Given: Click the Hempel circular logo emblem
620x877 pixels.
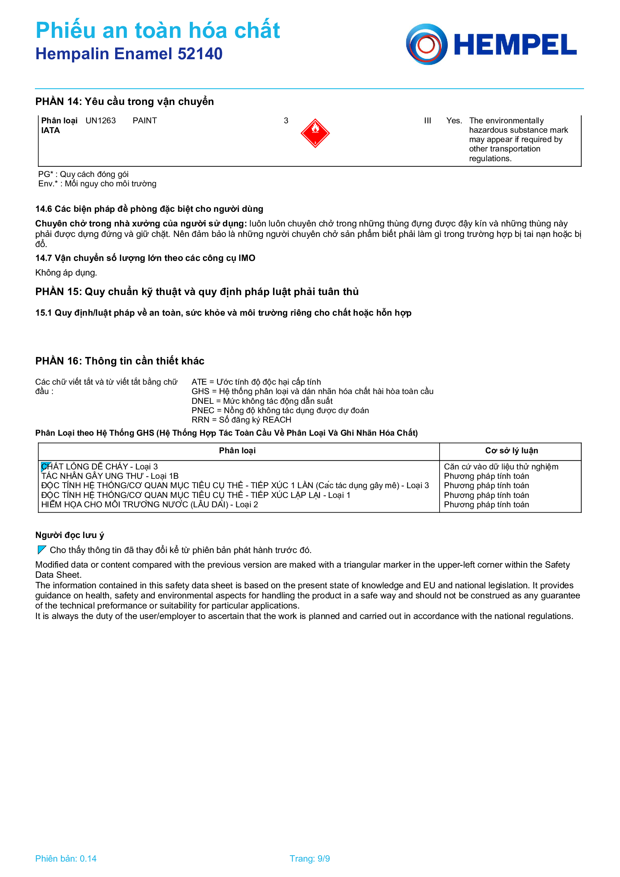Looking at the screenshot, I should (x=426, y=44).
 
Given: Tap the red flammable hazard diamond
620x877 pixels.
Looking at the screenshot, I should (x=315, y=133).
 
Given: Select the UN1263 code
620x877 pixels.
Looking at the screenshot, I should (x=101, y=121).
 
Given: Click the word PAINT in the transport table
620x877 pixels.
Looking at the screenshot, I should (x=144, y=121).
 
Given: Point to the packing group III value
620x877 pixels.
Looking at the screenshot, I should (x=427, y=121).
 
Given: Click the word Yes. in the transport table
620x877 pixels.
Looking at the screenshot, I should (x=454, y=121).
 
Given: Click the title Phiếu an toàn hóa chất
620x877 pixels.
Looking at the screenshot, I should (x=158, y=30).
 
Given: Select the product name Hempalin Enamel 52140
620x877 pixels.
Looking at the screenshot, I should (x=129, y=54).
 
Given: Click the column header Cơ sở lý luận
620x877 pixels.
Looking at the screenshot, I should (x=511, y=451).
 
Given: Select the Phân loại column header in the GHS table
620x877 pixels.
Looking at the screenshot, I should (x=237, y=451).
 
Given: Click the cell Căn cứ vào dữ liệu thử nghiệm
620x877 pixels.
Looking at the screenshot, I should (x=501, y=467).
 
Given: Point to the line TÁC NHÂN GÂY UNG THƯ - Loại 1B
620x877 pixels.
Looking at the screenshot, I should (x=110, y=476).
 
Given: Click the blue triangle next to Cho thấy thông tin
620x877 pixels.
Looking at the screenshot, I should (x=42, y=550).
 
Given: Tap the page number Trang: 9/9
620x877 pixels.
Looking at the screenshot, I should (x=309, y=859).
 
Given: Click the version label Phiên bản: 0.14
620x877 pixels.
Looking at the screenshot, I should (x=66, y=859).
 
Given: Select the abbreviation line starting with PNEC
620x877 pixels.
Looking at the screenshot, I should (x=280, y=411).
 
